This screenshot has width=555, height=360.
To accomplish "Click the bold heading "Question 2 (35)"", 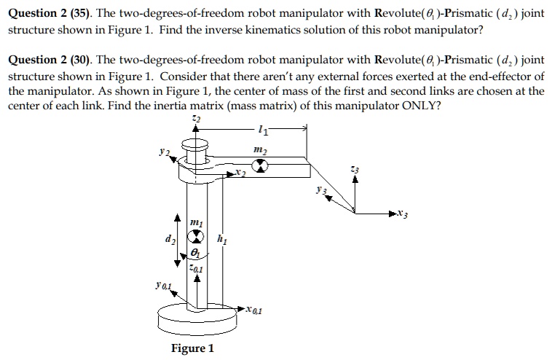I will pos(49,15).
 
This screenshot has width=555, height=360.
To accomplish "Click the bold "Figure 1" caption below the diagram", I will pos(192,348).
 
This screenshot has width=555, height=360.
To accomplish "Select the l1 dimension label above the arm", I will pos(262,132).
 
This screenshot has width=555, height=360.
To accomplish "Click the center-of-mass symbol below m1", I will pos(194,237).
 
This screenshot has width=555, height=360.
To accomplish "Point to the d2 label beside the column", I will pos(169,238).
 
